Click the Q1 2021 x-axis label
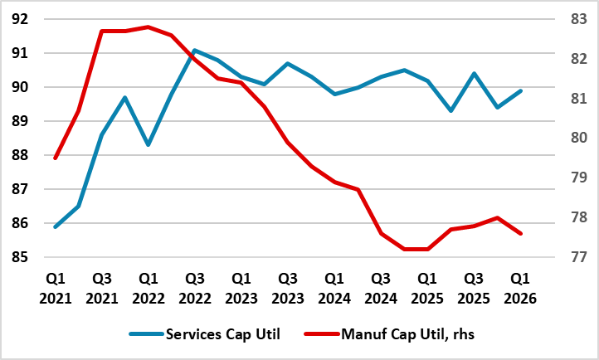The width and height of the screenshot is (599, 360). tap(55, 287)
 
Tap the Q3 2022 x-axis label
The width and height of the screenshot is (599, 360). tap(194, 287)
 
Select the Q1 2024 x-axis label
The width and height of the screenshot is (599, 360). tap(334, 287)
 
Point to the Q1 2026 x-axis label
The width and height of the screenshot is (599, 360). tap(520, 287)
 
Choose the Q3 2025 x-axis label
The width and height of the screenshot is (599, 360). tap(474, 287)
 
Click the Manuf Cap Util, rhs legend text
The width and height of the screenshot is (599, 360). tap(406, 334)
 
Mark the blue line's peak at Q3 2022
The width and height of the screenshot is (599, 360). tap(194, 50)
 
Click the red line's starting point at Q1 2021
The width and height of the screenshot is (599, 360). tap(55, 158)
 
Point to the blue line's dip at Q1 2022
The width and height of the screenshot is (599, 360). tap(148, 145)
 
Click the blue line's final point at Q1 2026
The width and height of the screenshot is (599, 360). tap(520, 90)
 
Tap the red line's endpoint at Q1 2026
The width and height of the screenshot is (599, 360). tap(520, 234)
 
